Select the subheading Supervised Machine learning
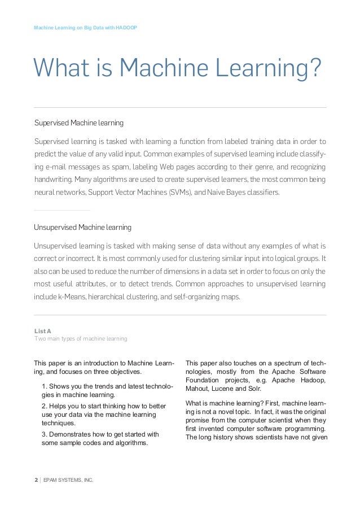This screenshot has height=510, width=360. [78, 123]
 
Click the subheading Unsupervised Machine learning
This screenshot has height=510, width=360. [82, 227]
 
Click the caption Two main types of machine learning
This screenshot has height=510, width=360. [81, 339]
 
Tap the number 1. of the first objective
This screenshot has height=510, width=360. [45, 386]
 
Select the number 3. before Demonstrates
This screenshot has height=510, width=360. [45, 434]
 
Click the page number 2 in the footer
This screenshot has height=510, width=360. [36, 480]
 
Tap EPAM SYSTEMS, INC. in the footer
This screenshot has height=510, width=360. [68, 480]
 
